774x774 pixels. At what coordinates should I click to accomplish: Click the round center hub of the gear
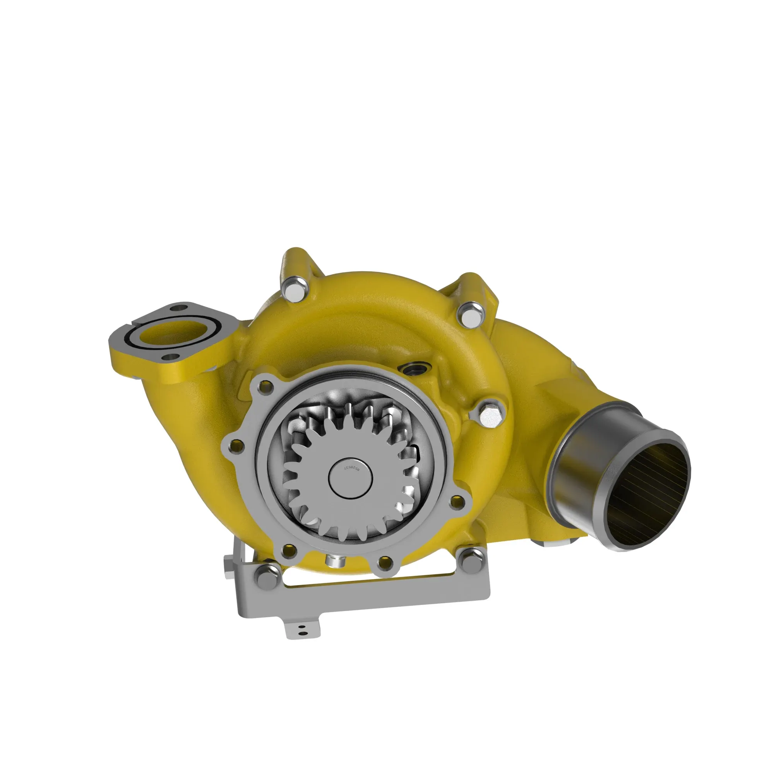coord(351,478)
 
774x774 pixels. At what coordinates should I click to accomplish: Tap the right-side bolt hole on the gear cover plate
coord(455,501)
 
